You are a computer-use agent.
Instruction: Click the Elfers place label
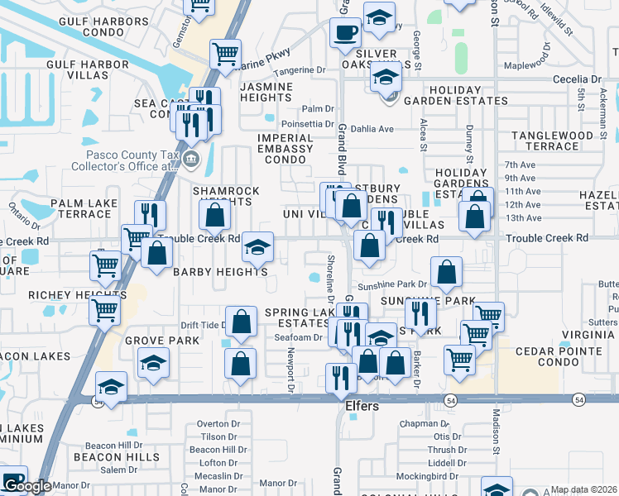[361, 407]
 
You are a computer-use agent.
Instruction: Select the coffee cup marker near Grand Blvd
[345, 34]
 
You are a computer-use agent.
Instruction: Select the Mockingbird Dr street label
[427, 476]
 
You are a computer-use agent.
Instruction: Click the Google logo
[26, 486]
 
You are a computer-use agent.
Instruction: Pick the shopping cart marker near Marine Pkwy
[225, 55]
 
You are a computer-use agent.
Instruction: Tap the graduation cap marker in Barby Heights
[257, 246]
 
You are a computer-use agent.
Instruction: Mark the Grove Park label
[162, 340]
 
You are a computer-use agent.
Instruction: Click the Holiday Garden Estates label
[468, 95]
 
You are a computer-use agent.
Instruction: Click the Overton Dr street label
[218, 424]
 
